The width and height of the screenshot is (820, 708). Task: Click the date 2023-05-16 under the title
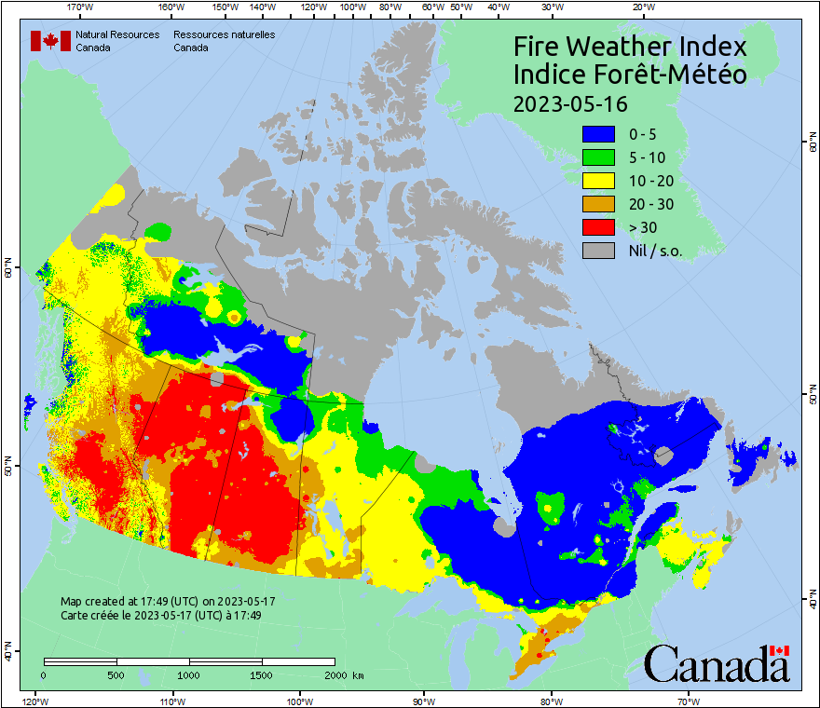pyautogui.click(x=570, y=102)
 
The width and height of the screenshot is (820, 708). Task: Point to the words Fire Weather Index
pyautogui.click(x=630, y=48)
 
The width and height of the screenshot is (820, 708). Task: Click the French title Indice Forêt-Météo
pyautogui.click(x=630, y=75)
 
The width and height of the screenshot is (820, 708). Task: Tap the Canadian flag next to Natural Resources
pyautogui.click(x=50, y=41)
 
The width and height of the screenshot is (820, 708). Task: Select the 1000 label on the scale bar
pyautogui.click(x=189, y=674)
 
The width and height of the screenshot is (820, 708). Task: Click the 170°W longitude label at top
pyautogui.click(x=80, y=7)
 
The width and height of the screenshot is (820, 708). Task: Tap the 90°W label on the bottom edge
pyautogui.click(x=423, y=700)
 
